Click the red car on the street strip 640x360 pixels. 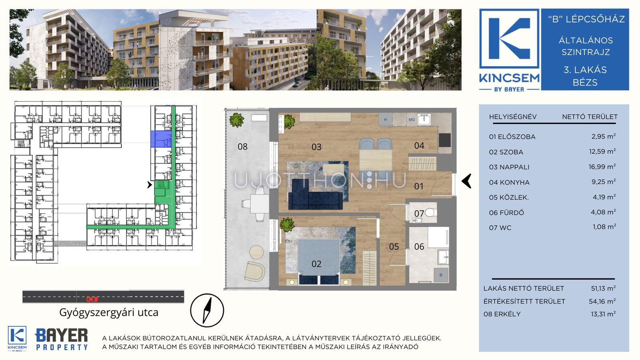tap(92, 299)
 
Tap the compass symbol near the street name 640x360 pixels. tap(207, 310)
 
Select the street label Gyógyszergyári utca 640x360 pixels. tap(109, 312)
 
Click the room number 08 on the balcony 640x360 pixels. tap(242, 146)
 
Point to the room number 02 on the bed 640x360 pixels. tap(316, 264)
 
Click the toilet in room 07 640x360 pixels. tap(430, 212)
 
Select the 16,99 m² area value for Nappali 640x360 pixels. tap(602, 166)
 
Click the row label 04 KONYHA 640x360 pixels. tap(509, 182)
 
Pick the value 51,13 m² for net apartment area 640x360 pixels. tap(603, 288)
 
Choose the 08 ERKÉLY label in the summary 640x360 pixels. tap(502, 314)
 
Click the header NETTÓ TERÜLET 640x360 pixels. tap(590, 117)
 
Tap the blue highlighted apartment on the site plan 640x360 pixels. tap(161, 139)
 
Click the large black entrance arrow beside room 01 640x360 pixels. tap(466, 181)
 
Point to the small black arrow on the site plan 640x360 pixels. tap(150, 185)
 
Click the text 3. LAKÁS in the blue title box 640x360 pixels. tap(585, 70)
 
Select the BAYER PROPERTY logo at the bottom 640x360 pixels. tap(62, 339)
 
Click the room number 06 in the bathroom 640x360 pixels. tap(419, 246)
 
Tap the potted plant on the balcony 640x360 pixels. tap(237, 120)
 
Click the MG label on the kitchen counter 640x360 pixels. tap(412, 120)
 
